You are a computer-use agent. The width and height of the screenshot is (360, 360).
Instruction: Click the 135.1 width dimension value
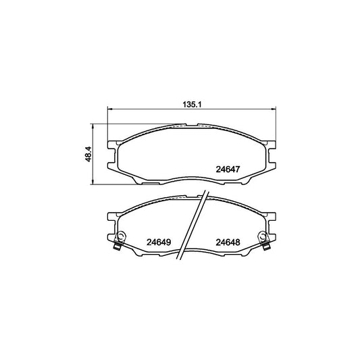tap(192, 105)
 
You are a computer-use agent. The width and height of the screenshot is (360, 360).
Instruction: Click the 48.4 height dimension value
tap(88, 154)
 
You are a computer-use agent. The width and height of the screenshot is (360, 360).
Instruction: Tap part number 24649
tap(159, 242)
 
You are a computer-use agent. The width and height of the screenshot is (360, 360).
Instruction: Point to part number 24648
tap(228, 242)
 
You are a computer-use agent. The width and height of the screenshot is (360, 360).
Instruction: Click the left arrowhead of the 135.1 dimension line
tap(109, 109)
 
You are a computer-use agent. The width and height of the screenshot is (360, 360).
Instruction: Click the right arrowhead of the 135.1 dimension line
tap(274, 109)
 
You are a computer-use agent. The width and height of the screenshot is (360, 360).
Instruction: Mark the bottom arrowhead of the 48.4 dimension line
tap(92, 182)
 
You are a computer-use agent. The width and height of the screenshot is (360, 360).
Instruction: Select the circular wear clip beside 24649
tap(121, 236)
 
